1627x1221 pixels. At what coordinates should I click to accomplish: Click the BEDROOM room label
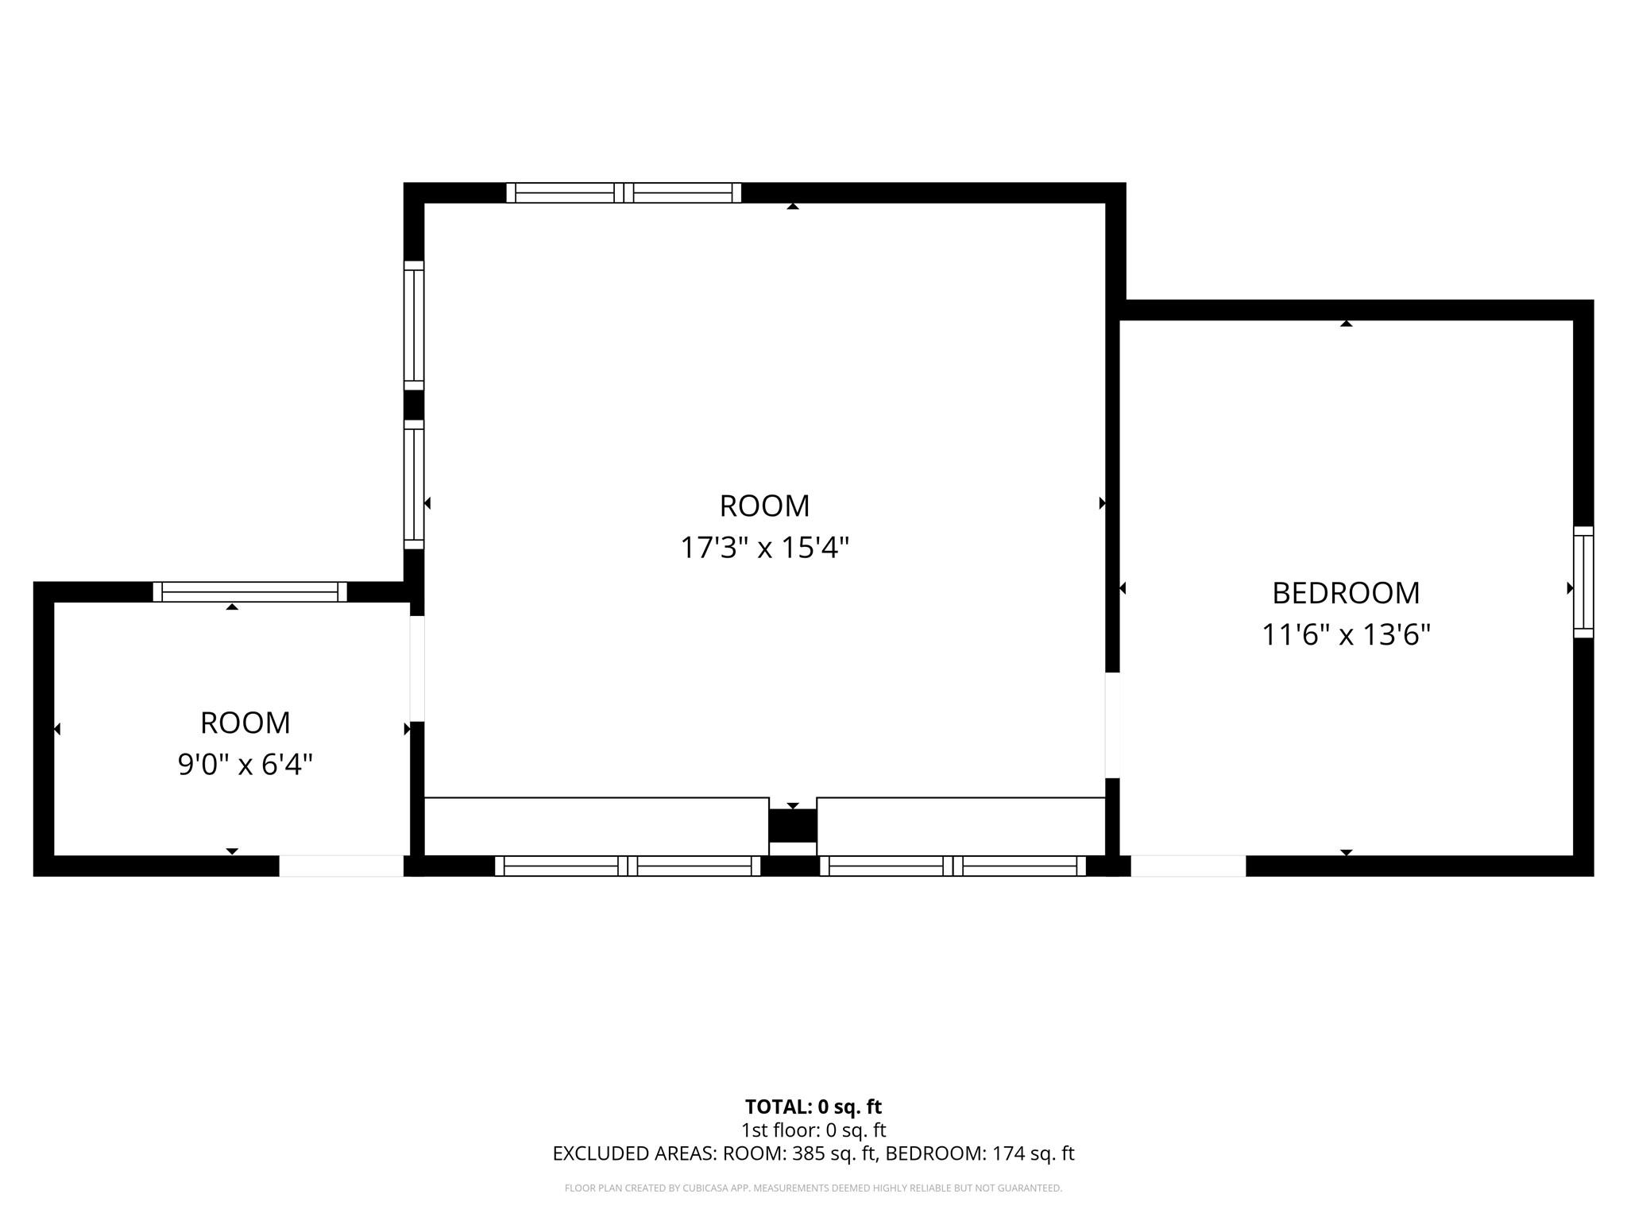pos(1346,593)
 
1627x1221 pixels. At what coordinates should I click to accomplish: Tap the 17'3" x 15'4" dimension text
pos(765,548)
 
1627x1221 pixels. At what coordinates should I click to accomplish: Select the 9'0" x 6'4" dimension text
pos(245,765)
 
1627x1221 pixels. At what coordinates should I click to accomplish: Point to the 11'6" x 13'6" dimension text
pos(1346,635)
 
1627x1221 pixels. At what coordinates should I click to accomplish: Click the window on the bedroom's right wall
pos(1583,582)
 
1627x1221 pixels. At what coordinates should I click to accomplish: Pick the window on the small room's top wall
pos(250,591)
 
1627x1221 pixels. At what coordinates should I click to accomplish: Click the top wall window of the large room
pos(624,192)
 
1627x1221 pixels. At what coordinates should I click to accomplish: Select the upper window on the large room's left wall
pos(414,325)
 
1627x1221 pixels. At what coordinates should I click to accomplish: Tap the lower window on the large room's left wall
pos(414,484)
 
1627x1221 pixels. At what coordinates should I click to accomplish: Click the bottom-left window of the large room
pos(628,866)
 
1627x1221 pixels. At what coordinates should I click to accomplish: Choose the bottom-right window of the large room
pos(953,866)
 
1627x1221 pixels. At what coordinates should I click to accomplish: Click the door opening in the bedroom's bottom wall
pos(1188,866)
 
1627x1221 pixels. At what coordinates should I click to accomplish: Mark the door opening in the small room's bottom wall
pos(342,866)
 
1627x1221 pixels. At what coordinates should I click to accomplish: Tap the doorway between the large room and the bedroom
pos(1112,725)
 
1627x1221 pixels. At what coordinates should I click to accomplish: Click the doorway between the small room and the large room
pos(417,669)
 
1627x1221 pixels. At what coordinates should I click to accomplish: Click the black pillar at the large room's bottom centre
pos(792,825)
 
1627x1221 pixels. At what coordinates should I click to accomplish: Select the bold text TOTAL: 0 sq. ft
pos(813,1107)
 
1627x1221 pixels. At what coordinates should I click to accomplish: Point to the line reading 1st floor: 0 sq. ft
pos(813,1130)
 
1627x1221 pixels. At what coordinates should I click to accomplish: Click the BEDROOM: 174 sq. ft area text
pos(980,1153)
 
